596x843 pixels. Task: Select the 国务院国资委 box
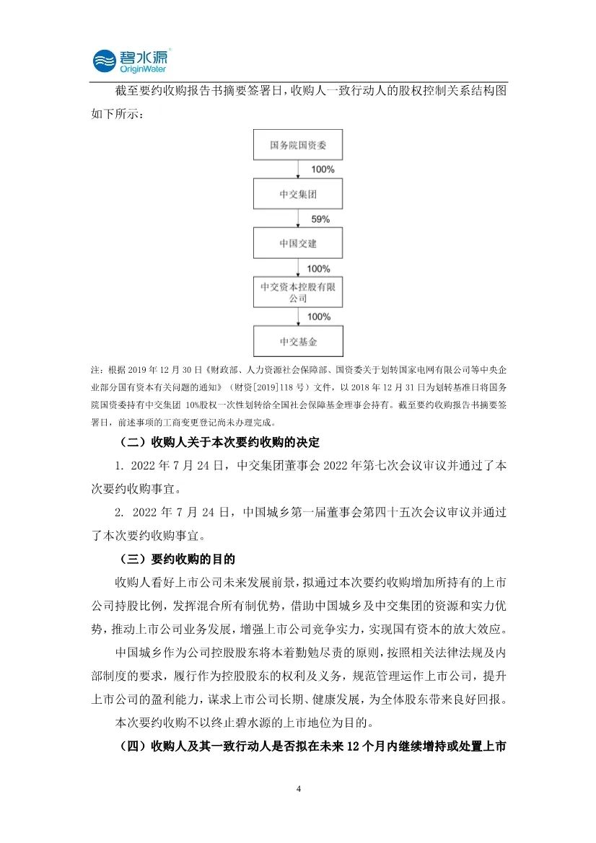(x=298, y=145)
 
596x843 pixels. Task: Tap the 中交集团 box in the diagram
(x=298, y=195)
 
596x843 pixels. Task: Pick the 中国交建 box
(x=298, y=244)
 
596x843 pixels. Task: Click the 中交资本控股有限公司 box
(x=298, y=293)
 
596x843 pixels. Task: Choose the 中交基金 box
(x=298, y=342)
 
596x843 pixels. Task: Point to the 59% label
(x=321, y=219)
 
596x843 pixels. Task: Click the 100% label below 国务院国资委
(x=323, y=169)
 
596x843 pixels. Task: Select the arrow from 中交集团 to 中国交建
(x=298, y=219)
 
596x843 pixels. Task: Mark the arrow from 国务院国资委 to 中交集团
(x=298, y=169)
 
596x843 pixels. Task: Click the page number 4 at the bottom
(x=298, y=788)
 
